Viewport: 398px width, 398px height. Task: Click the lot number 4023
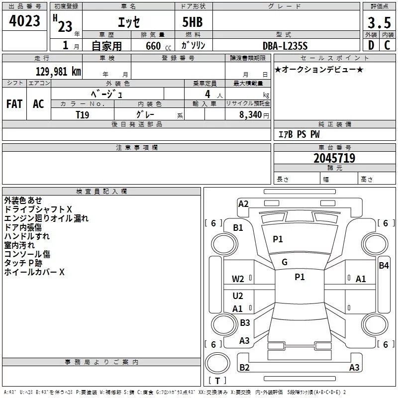25,21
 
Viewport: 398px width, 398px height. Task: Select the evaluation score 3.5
378,23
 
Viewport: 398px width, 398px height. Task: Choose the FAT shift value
14,104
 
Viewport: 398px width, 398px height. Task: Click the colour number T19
83,114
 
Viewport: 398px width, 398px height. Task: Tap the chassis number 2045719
334,159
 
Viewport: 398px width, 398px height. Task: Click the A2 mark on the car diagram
243,204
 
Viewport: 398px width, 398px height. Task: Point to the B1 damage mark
238,228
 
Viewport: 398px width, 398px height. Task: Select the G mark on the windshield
285,262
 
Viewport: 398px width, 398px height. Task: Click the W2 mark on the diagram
238,279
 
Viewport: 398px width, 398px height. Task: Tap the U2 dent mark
238,296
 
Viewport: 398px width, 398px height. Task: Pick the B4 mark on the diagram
384,266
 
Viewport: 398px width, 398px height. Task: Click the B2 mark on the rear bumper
244,368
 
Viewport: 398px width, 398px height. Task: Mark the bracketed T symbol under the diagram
217,381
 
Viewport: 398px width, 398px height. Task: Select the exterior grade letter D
371,45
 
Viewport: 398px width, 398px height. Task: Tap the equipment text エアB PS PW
298,134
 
